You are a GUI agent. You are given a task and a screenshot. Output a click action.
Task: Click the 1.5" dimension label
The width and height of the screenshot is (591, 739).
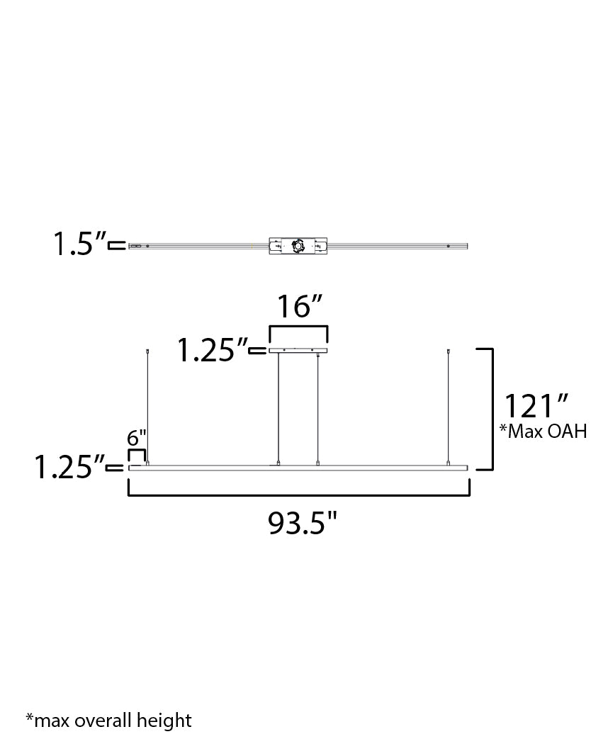pos(79,244)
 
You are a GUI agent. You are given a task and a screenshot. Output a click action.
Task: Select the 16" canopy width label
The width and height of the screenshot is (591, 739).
pos(299,307)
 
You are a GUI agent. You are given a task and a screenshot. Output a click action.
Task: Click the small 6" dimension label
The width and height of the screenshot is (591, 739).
pos(137,438)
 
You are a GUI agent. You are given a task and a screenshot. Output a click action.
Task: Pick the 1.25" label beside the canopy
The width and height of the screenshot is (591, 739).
pos(212,350)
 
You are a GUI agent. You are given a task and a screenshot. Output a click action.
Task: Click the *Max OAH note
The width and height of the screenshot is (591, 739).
pos(543,431)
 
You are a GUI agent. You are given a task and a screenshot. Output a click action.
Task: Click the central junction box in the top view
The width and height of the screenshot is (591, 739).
pos(298,247)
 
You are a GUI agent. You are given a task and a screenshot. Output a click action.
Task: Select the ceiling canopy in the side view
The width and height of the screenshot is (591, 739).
pos(298,350)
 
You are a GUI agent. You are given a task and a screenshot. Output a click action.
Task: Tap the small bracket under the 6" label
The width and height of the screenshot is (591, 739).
pos(137,453)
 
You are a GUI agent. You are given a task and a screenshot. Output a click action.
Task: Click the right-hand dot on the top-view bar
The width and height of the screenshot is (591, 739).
pos(448,247)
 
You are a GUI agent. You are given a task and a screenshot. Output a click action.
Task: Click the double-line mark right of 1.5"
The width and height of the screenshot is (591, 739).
pos(117,246)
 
